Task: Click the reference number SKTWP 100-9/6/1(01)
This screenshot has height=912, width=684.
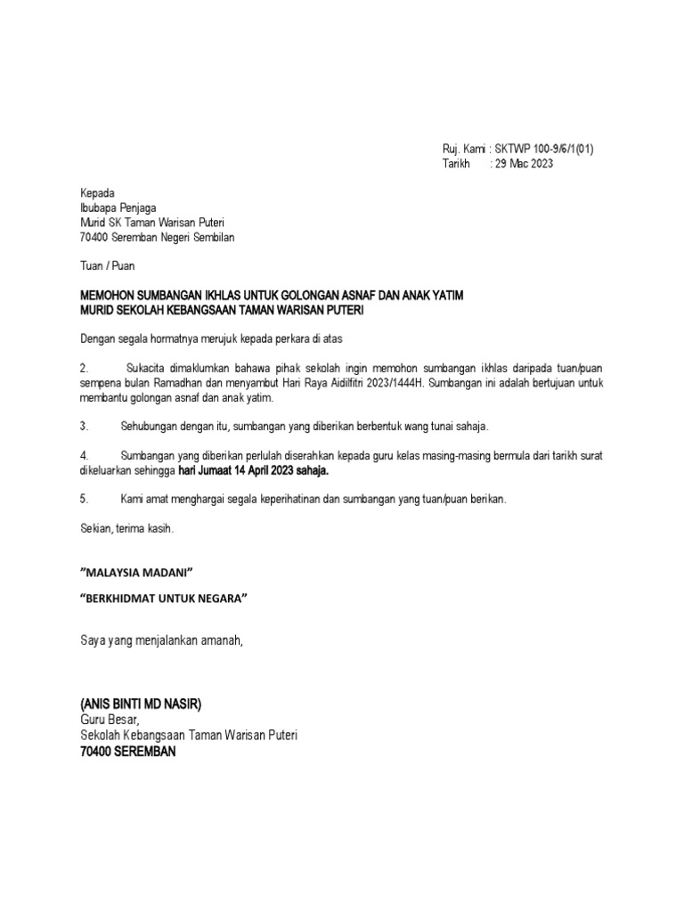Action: [x=542, y=150]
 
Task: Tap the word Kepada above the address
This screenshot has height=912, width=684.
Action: [x=97, y=193]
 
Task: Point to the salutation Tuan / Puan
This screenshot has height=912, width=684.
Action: [x=108, y=265]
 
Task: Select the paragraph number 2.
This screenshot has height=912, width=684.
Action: [x=84, y=368]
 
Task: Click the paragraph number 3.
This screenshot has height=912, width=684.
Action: [x=84, y=427]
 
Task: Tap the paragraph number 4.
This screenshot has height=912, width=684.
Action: [x=84, y=455]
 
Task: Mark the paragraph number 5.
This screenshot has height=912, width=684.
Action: [x=84, y=500]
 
